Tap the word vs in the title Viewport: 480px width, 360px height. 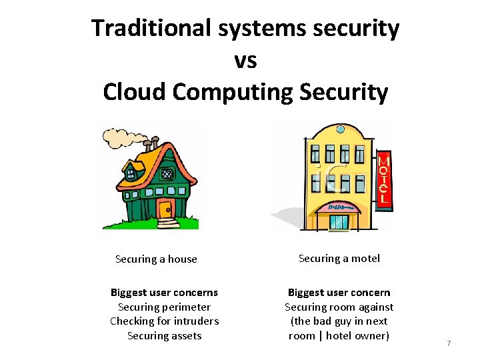coord(245,60)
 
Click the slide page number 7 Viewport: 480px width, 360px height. coord(449,343)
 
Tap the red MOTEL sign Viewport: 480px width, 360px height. coord(383,180)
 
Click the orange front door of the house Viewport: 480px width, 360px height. coord(165,207)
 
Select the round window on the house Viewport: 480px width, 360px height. coord(167,174)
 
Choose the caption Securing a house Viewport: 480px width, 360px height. coord(156,259)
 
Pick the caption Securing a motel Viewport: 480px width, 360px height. coord(339,258)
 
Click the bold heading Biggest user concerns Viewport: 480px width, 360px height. coord(164,292)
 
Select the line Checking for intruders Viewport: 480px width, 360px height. coord(164,321)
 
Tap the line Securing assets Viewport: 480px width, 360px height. coord(164,335)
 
